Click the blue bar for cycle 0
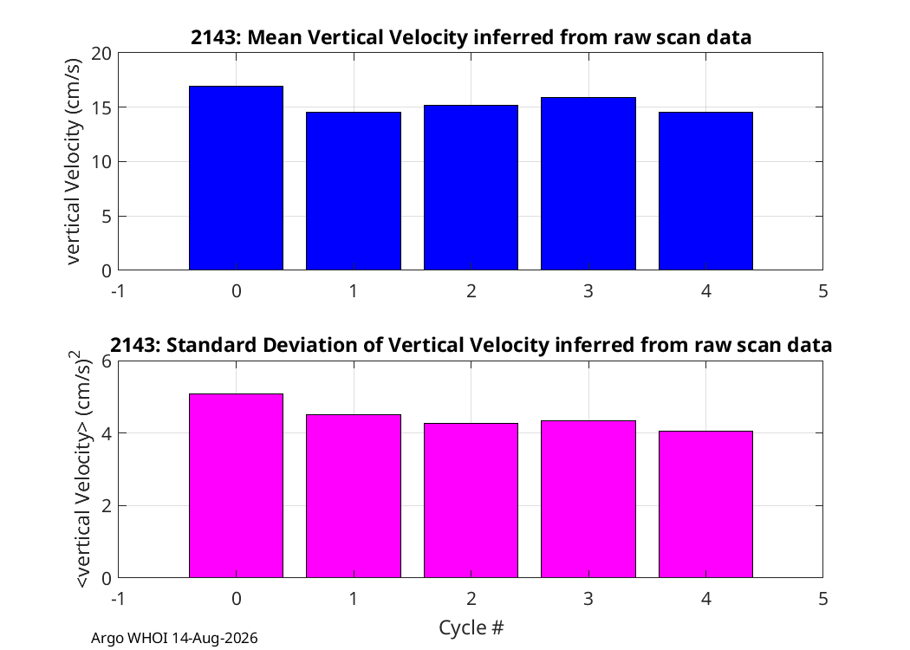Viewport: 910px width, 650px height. tap(237, 179)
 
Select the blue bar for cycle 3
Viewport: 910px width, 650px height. tap(588, 184)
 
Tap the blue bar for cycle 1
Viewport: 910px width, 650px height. tap(354, 191)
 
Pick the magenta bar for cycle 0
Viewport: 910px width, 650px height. tap(237, 485)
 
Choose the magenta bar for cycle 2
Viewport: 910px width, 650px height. tap(471, 500)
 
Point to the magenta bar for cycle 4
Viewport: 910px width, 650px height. tap(705, 504)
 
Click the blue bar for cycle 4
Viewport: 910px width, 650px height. tap(705, 191)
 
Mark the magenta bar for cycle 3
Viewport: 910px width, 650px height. tap(588, 499)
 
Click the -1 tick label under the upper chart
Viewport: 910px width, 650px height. tap(119, 290)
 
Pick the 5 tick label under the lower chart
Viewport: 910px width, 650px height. tap(823, 598)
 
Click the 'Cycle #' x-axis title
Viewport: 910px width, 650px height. tap(471, 627)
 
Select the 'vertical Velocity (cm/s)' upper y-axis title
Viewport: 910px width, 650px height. tap(73, 161)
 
